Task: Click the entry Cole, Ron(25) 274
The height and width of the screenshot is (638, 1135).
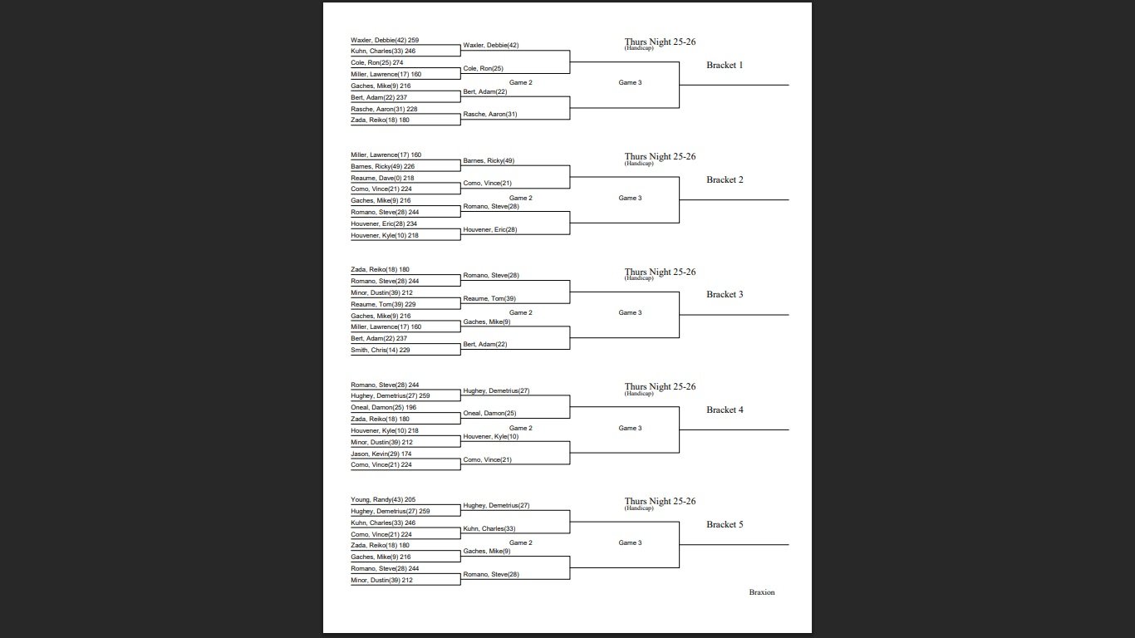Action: point(376,63)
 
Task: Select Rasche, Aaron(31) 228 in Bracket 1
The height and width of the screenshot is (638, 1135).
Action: point(384,109)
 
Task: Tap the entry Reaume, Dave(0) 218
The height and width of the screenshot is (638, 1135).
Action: point(382,178)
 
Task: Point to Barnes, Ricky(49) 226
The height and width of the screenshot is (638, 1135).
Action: point(382,166)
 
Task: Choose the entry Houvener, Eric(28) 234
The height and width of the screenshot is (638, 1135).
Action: point(384,223)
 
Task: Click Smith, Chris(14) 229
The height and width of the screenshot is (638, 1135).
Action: point(380,350)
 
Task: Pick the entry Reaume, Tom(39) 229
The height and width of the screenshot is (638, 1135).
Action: point(383,304)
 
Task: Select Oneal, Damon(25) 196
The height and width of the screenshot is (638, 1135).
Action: point(383,407)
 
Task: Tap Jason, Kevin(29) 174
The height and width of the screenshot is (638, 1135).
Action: point(381,454)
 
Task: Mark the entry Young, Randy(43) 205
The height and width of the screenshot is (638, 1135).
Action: point(382,499)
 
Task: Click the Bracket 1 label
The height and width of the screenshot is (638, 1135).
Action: point(725,65)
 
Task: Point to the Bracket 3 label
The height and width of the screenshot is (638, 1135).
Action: point(725,294)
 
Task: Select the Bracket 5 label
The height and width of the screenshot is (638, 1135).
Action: point(725,524)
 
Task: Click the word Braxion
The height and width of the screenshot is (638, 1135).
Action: point(761,592)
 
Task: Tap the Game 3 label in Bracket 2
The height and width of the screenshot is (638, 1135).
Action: point(630,198)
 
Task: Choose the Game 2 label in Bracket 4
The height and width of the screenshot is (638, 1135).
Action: point(520,428)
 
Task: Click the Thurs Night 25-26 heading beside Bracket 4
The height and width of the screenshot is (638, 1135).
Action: point(660,386)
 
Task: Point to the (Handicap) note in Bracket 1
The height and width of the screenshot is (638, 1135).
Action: point(638,48)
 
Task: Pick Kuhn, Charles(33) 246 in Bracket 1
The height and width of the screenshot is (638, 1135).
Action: point(382,52)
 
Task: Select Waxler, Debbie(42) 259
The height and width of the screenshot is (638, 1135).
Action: point(384,40)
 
